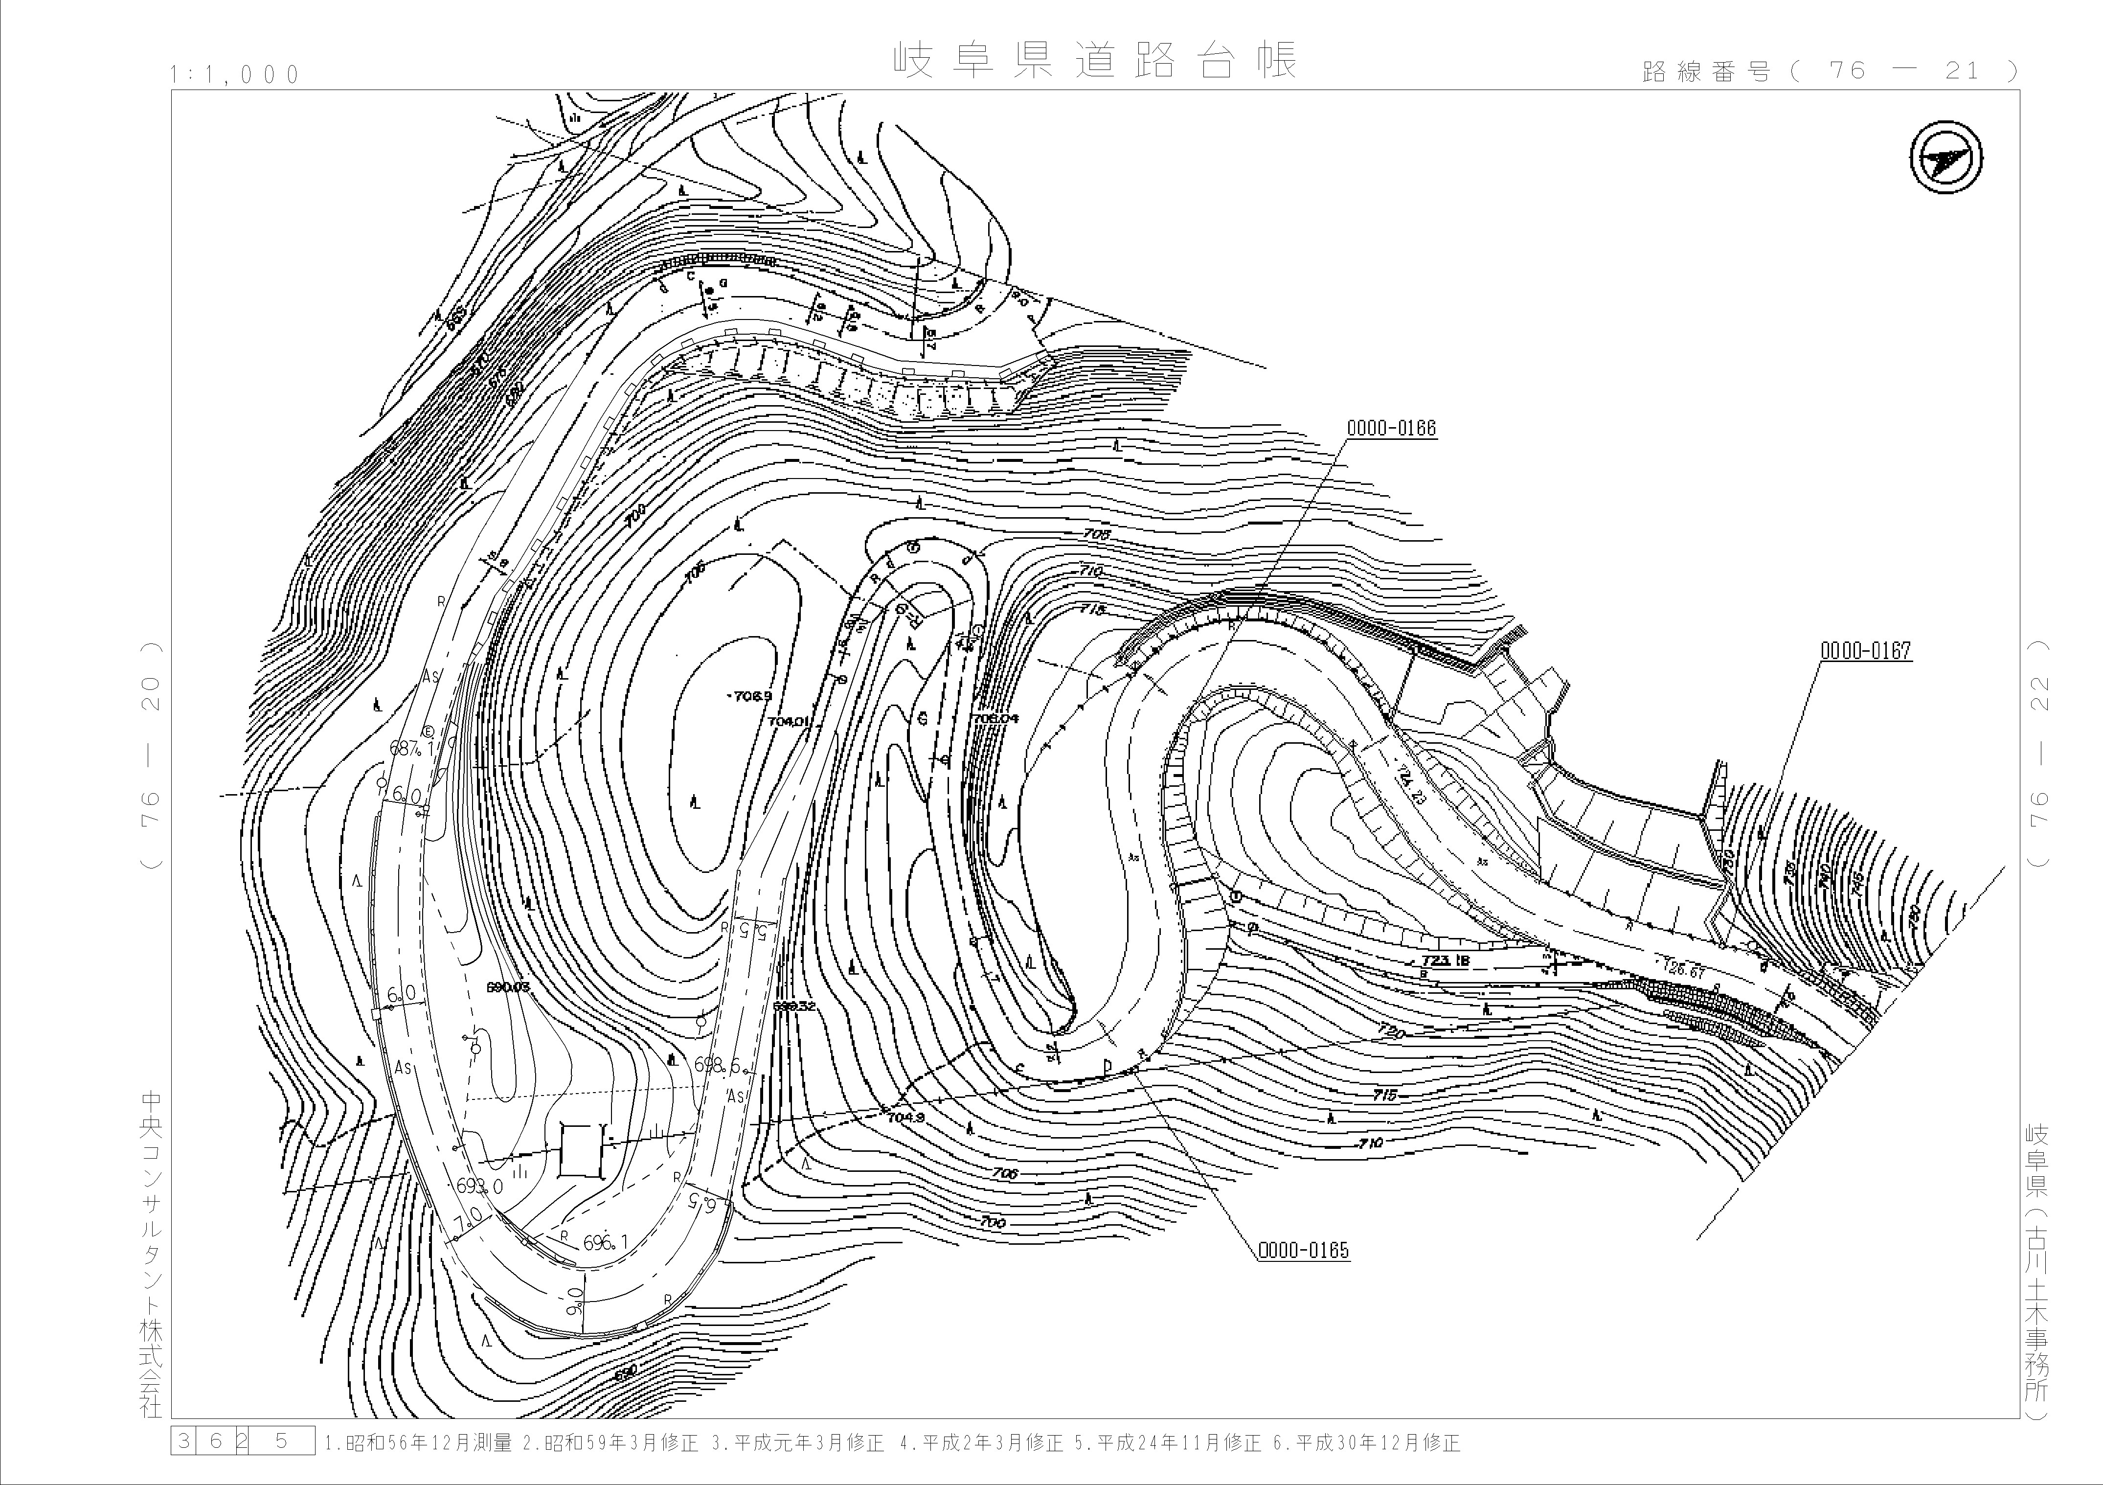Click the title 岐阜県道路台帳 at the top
tap(1095, 61)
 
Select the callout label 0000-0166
tap(1391, 428)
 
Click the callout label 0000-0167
tap(1866, 651)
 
